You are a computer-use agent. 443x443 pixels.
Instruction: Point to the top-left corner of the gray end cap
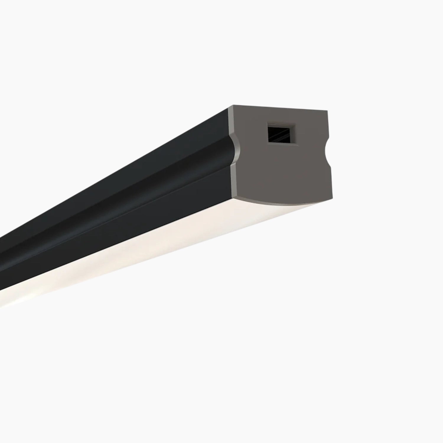coord(233,106)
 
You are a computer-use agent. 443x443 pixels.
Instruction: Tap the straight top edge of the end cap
coord(281,108)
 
